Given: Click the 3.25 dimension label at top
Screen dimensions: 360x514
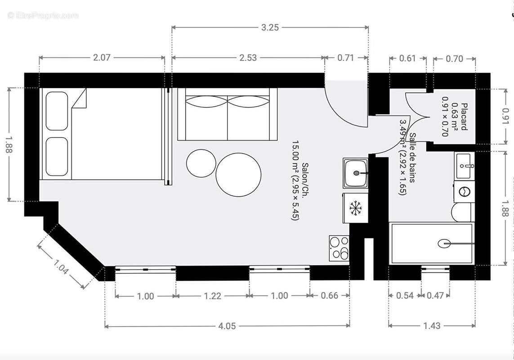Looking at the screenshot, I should (270, 27).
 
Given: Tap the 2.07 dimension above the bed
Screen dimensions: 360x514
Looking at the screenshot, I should (102, 58).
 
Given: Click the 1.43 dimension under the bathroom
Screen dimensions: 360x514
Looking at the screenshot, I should (432, 326).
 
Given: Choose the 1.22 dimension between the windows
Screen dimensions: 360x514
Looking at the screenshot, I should (212, 296).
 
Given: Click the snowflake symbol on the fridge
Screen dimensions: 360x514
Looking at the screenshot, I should (356, 208).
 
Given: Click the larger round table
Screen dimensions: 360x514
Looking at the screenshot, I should (238, 175).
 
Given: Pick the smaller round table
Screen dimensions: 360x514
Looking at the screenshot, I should (201, 163).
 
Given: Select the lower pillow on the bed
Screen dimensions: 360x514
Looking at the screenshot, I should (57, 156).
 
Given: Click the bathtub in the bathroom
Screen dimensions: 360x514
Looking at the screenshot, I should (432, 243).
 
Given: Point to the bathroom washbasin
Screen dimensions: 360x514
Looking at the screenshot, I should (464, 166).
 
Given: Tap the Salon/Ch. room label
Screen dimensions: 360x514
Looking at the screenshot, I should (301, 180).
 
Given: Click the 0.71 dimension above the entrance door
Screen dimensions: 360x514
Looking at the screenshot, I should (345, 58).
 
